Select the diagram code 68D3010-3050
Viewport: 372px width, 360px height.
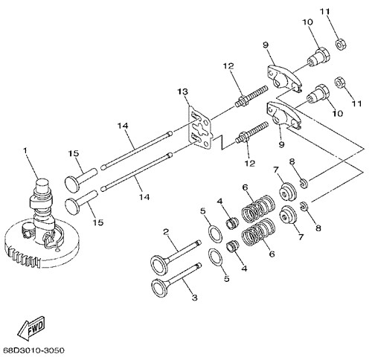point(33,350)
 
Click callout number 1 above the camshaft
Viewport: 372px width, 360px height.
point(25,150)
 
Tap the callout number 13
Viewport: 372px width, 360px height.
point(182,91)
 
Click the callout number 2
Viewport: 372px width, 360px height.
point(166,232)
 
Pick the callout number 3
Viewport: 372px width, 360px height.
point(195,297)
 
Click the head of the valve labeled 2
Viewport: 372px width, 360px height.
point(159,266)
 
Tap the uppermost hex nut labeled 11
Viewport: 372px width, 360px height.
point(341,44)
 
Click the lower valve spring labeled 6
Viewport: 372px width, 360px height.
point(258,232)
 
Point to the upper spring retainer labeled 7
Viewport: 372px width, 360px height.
point(287,192)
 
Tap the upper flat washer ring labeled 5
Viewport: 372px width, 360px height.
point(215,234)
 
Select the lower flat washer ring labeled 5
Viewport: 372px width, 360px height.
point(215,257)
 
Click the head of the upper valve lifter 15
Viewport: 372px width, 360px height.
point(72,183)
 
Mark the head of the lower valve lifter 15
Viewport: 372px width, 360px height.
point(72,205)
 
